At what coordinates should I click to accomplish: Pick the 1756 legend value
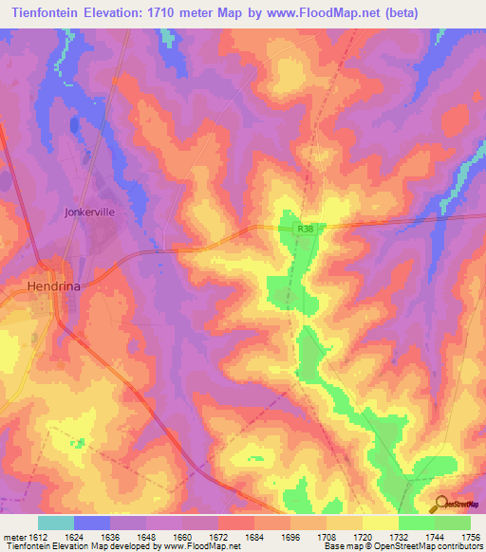coord(458,537)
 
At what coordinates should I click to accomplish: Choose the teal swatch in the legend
coord(56,523)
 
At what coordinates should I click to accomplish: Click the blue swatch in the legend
coord(92,523)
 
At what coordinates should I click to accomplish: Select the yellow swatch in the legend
coord(381,523)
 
